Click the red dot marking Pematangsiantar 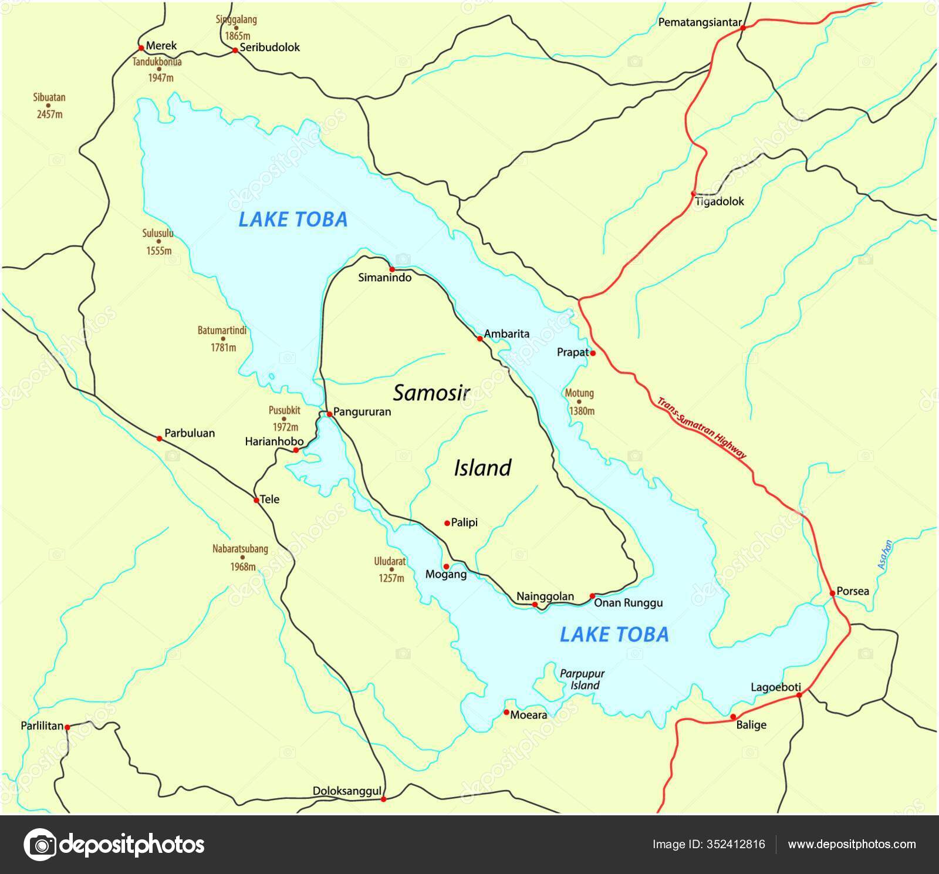tap(742, 28)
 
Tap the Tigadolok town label tap(720, 202)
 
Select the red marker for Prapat tap(593, 353)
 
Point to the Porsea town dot tap(832, 593)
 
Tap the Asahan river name tap(885, 555)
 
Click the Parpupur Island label tap(582, 680)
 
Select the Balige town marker tap(733, 717)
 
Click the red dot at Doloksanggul tap(384, 799)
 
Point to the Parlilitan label tap(42, 726)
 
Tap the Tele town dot tap(256, 500)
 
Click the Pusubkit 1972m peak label tap(285, 419)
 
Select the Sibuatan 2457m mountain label tap(50, 106)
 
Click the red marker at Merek tap(141, 48)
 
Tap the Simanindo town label tap(385, 278)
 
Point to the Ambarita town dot tap(479, 339)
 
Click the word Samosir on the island tap(431, 393)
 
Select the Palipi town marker tap(447, 522)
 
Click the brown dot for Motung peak tap(579, 402)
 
